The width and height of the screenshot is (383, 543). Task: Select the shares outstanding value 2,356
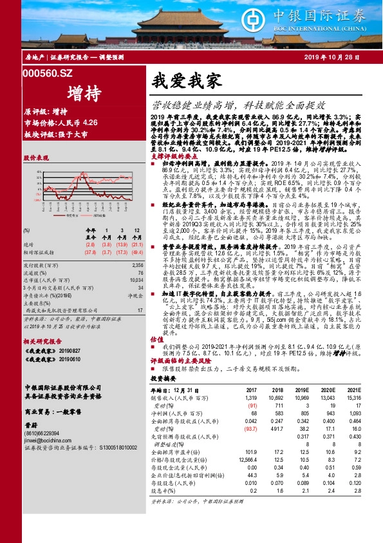pos(137,264)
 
